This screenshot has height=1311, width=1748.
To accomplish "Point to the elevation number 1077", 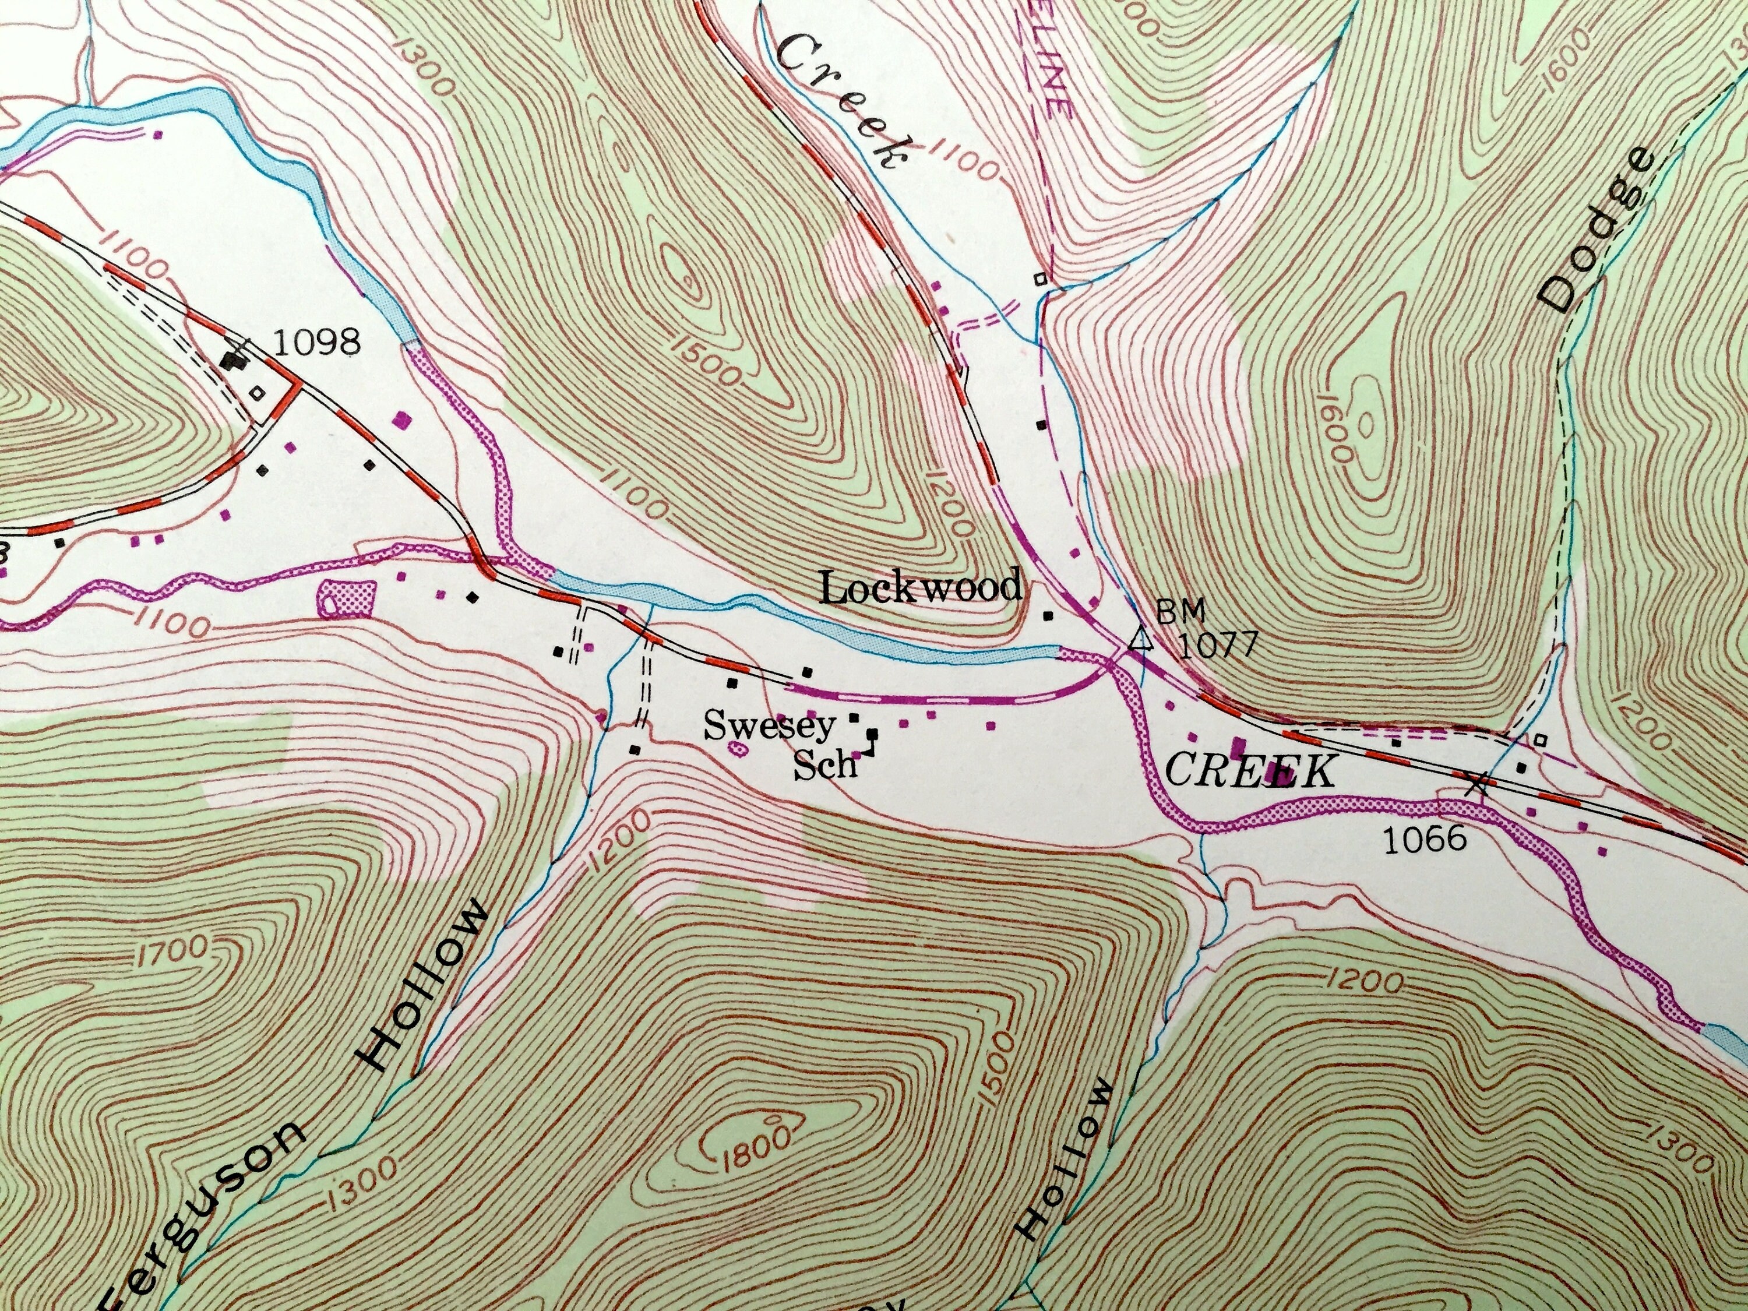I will tap(1217, 644).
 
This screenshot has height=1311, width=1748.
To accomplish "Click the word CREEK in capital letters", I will tap(1250, 770).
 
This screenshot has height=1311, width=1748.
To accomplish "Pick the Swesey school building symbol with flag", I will tap(872, 737).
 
